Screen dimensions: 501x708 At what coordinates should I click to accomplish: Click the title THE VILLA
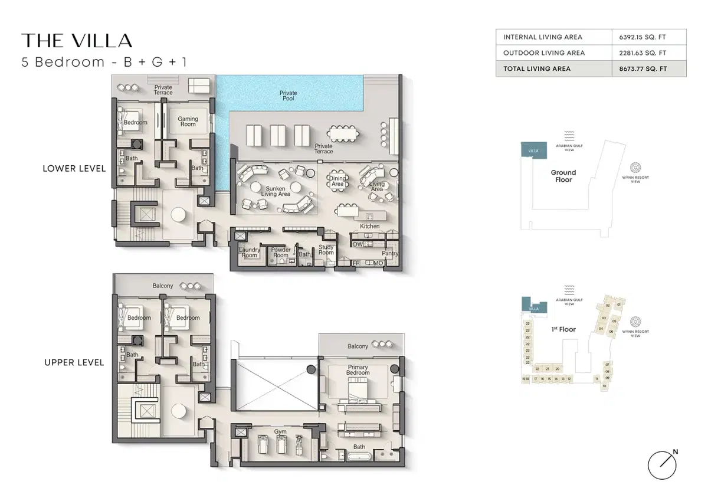pos(77,40)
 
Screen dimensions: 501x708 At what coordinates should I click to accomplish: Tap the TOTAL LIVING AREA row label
pos(536,68)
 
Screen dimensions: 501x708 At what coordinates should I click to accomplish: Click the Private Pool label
pos(289,96)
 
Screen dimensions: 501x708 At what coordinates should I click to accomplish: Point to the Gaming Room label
pos(188,122)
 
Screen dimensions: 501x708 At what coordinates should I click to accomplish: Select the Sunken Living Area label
pos(276,191)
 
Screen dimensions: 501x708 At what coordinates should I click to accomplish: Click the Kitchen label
pos(370,226)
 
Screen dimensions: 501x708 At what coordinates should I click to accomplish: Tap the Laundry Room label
pos(250,253)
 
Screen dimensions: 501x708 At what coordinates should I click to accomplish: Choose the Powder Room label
pos(281,253)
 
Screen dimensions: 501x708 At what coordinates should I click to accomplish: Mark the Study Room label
pos(326,250)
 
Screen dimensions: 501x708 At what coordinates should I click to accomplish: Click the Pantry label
pos(390,254)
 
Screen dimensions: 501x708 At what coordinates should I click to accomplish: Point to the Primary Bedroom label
pos(358,370)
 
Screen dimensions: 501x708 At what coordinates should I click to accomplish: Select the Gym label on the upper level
pos(280,432)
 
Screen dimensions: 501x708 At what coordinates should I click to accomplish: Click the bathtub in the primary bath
pos(359,457)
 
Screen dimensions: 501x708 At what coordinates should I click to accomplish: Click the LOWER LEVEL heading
pos(74,169)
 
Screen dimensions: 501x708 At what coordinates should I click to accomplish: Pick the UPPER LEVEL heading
pos(74,362)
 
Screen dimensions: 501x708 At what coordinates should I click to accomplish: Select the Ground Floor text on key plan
pos(563,176)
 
